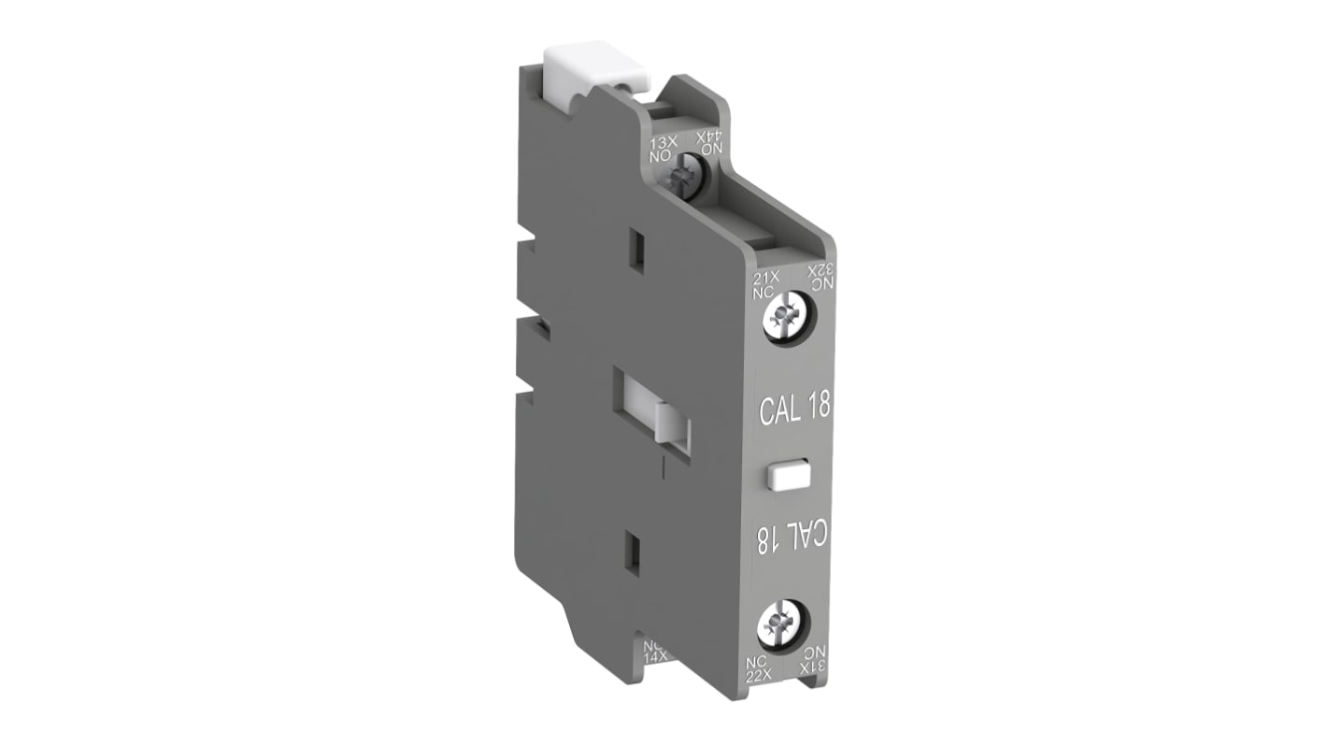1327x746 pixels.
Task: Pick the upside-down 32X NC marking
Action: [x=817, y=278]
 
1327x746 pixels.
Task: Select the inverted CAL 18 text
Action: [x=793, y=539]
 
